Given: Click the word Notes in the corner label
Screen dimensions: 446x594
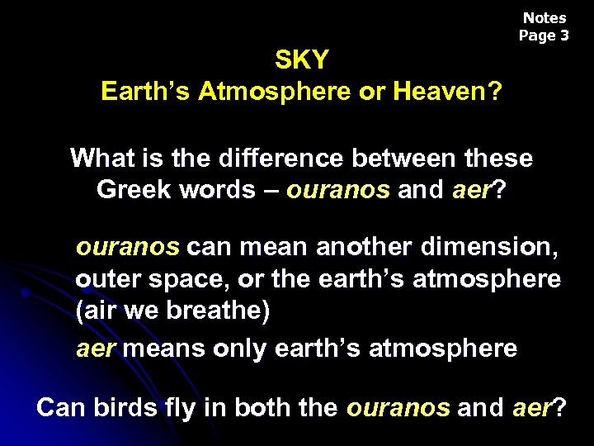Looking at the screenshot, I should click(544, 18).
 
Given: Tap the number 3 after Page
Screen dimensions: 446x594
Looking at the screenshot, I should click(564, 36).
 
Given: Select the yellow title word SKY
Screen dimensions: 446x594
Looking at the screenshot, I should click(301, 60).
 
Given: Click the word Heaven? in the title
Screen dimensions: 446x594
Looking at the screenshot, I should click(448, 91).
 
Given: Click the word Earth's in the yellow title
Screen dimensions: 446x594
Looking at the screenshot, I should click(145, 91).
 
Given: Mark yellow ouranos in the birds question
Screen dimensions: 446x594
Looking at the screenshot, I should click(398, 407).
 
